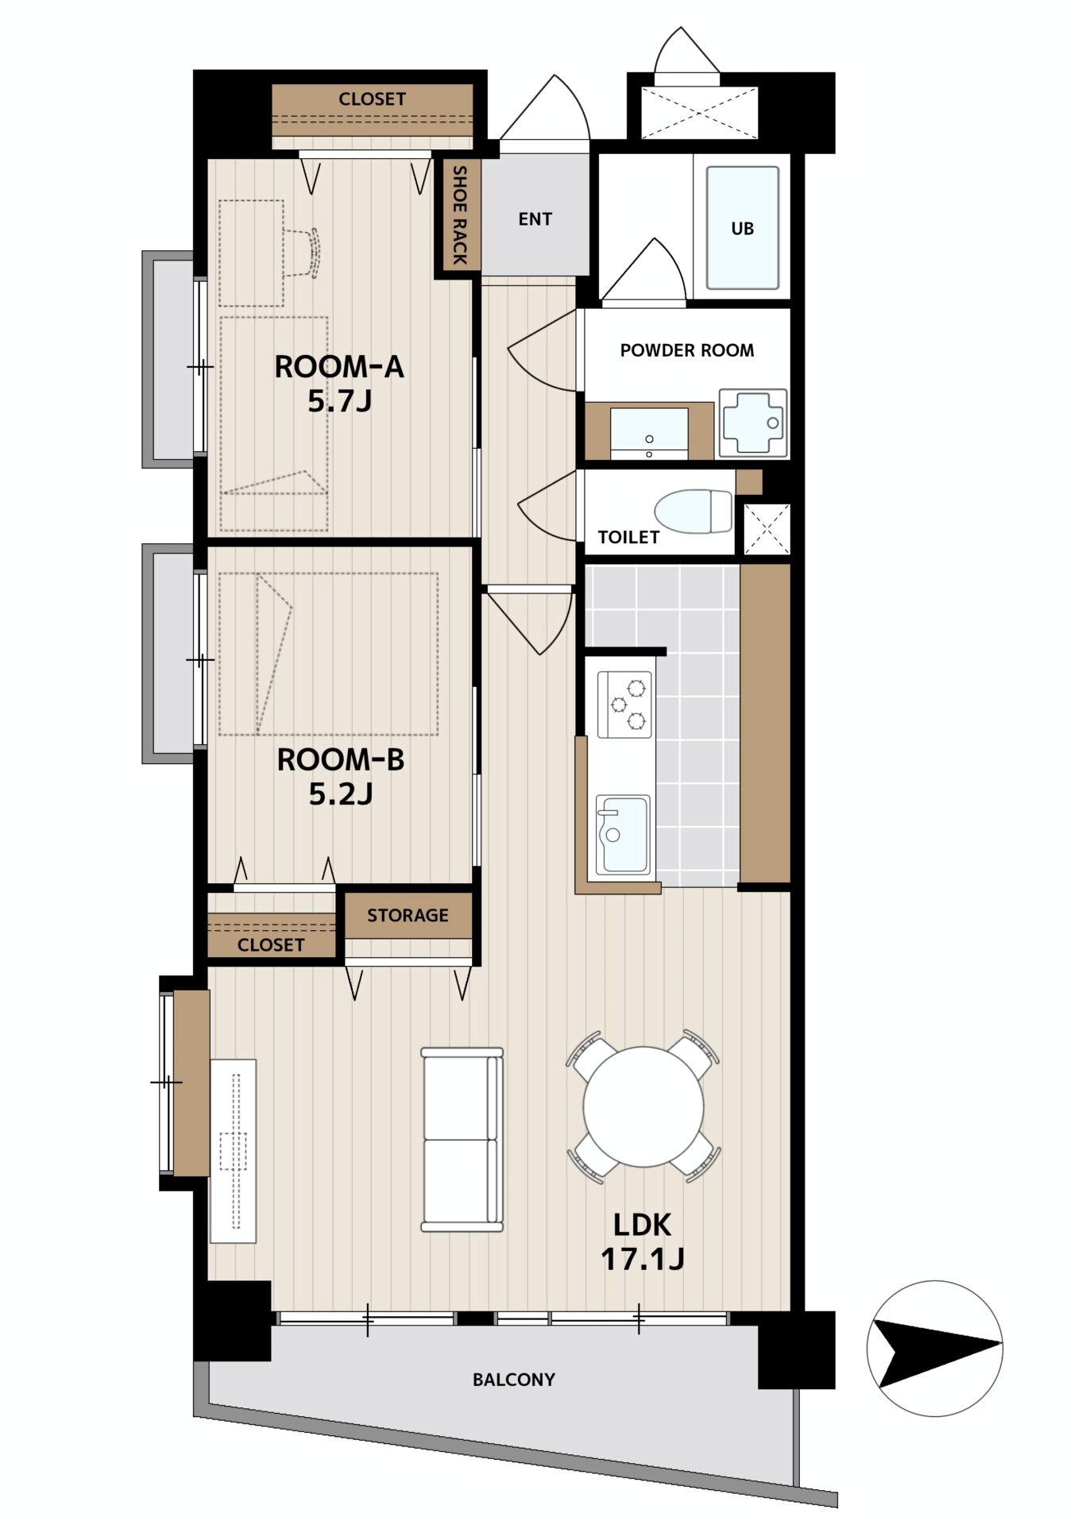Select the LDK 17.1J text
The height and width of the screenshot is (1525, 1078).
click(643, 1241)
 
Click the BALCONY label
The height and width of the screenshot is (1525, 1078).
click(514, 1380)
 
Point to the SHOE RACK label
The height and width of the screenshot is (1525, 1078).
click(459, 214)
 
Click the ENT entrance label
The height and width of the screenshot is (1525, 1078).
click(535, 219)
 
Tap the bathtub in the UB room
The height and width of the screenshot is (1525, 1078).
click(742, 228)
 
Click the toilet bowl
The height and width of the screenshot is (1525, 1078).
click(693, 512)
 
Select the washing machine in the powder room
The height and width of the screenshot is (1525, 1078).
click(752, 423)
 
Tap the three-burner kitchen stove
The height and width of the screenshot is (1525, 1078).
click(625, 703)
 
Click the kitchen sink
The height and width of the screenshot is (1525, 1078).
click(623, 835)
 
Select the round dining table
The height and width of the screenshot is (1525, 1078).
click(643, 1106)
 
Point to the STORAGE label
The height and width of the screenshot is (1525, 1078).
click(408, 916)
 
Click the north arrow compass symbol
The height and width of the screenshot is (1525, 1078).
click(935, 1348)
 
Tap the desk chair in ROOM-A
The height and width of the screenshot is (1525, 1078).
click(302, 253)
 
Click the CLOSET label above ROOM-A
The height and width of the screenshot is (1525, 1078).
click(372, 99)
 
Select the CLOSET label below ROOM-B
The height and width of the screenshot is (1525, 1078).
click(271, 945)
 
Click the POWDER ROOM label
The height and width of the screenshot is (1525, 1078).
click(687, 350)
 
